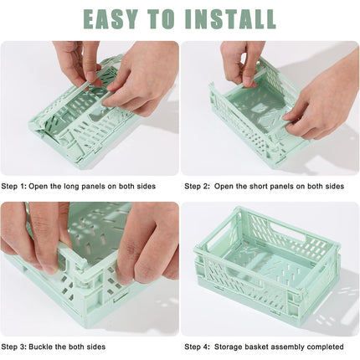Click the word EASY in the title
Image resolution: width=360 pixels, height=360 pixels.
coord(118,18)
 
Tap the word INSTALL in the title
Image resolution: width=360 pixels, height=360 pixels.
coord(229,18)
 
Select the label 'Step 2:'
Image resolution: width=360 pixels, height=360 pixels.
coord(198,186)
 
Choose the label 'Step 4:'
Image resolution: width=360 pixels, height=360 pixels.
coord(198,346)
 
